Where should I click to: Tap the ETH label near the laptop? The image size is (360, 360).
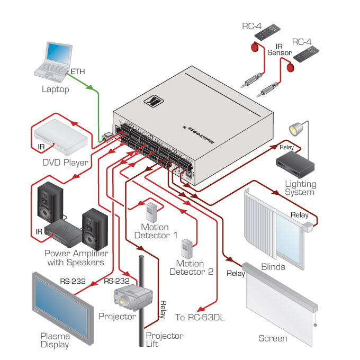click(77, 71)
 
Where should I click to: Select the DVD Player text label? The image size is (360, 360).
click(65, 163)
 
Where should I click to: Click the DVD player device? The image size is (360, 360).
click(61, 135)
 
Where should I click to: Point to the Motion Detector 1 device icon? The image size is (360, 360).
click(152, 212)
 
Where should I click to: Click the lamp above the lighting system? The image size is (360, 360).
click(295, 129)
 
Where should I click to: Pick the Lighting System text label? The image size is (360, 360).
click(300, 188)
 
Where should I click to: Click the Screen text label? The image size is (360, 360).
click(273, 338)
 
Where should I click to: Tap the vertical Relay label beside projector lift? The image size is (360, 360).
click(163, 309)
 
